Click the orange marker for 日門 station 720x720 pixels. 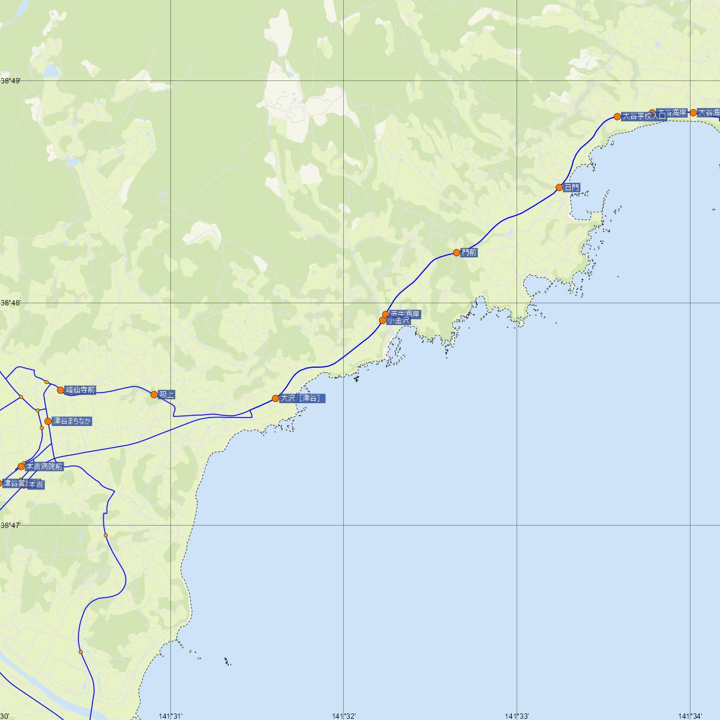pos(559,188)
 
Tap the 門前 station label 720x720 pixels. pos(469,253)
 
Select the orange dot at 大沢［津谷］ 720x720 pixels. pos(275,398)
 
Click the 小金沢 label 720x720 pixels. pos(398,321)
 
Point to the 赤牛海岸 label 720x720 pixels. pos(405,313)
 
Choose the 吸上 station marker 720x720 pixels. pos(154,394)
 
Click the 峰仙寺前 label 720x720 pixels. pos(80,391)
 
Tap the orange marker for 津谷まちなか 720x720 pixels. pos(48,421)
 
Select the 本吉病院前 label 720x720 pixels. pos(44,466)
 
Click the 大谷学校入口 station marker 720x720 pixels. pos(617,116)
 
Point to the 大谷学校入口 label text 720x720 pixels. pos(644,116)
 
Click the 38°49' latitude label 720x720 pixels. pos(10,80)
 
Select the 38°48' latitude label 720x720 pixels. pos(10,303)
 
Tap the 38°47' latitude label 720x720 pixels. pos(10,525)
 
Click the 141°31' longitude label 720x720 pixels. pos(171,715)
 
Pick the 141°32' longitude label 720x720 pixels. pos(344,715)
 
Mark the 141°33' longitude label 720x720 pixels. pos(517,715)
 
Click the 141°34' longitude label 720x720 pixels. pos(690,715)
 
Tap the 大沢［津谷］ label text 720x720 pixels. pos(303,398)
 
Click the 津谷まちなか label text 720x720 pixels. pos(72,421)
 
